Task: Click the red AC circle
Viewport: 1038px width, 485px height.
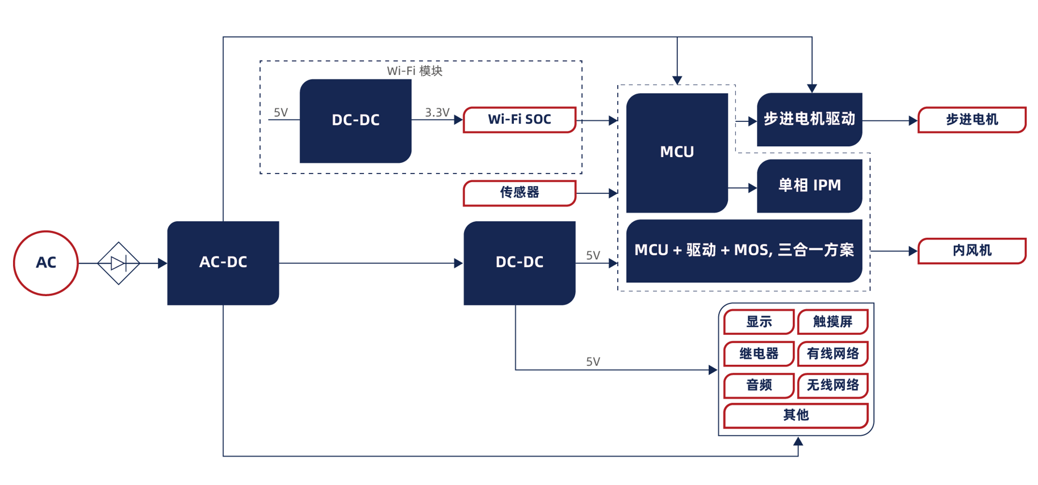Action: click(x=45, y=263)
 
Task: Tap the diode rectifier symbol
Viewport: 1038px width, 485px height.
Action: click(x=118, y=263)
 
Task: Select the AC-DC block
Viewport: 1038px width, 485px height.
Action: click(x=223, y=263)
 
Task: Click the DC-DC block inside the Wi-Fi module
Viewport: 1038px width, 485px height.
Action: click(x=355, y=120)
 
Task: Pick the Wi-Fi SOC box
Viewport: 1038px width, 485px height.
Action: click(x=520, y=120)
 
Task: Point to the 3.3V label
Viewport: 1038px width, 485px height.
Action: click(x=437, y=112)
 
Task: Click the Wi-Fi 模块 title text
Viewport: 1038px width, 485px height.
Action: click(x=415, y=71)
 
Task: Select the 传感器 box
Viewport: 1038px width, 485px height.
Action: click(x=520, y=193)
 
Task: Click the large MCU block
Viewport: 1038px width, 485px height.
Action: click(x=676, y=152)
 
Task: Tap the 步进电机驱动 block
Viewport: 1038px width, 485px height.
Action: click(x=809, y=119)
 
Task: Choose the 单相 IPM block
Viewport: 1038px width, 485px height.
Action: click(x=809, y=185)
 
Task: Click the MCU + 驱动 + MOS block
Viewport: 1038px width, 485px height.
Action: click(x=744, y=250)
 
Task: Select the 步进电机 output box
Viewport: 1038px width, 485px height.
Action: click(x=972, y=120)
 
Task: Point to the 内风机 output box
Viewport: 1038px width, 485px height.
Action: click(x=972, y=251)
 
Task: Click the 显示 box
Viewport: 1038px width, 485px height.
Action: click(x=759, y=322)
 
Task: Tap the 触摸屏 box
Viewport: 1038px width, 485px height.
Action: click(x=832, y=322)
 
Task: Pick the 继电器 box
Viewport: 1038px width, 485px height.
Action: click(x=759, y=353)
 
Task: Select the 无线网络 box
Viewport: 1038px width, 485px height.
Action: click(x=832, y=385)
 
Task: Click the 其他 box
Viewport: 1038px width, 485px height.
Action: click(x=796, y=415)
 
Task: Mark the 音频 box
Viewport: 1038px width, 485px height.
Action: click(x=759, y=385)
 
